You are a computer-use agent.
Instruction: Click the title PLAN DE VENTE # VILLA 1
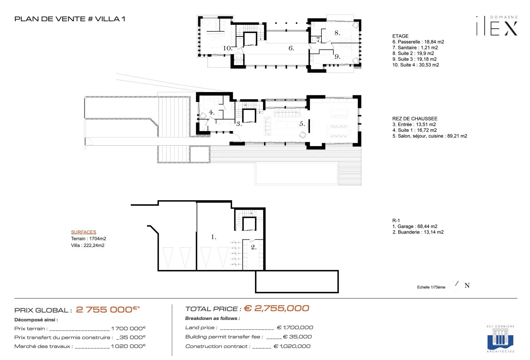click(70, 19)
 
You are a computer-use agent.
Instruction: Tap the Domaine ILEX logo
click(497, 26)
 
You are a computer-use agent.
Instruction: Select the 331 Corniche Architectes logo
click(500, 339)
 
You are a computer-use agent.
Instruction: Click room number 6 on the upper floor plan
click(291, 48)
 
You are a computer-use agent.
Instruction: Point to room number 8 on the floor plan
click(337, 33)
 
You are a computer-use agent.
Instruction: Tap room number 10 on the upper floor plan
click(227, 48)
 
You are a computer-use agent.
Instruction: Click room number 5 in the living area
click(302, 124)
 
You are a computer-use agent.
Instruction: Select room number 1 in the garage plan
click(214, 237)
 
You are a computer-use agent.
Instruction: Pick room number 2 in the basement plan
click(254, 247)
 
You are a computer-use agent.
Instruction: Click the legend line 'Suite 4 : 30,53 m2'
click(416, 65)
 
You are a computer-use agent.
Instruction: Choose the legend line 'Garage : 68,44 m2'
click(415, 226)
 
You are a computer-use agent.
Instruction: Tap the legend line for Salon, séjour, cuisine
click(430, 136)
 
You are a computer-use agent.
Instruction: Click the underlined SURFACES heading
click(84, 232)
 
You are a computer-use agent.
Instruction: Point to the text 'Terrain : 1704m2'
click(89, 238)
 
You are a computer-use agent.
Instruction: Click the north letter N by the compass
click(467, 286)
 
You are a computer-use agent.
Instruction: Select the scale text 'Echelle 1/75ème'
click(431, 287)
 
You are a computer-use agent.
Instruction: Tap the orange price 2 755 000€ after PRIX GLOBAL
click(108, 309)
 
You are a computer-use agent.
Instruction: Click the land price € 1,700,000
click(295, 327)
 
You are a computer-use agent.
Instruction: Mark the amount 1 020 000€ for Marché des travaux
click(128, 346)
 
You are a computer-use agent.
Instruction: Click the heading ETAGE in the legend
click(400, 36)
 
